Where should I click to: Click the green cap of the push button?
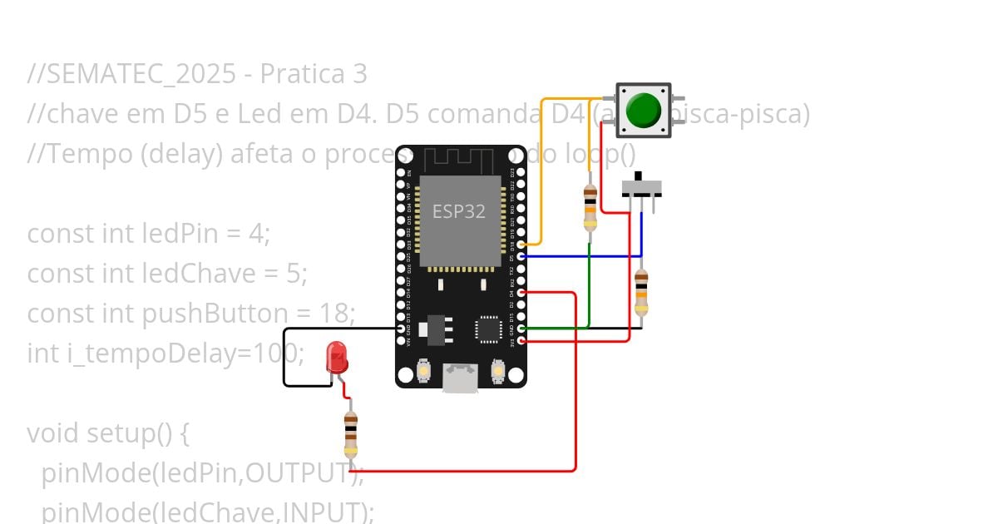[643, 110]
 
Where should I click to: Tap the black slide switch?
[641, 186]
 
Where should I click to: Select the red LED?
[337, 358]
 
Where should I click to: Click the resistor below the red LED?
[351, 434]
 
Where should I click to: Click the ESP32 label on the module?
[458, 211]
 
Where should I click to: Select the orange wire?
[542, 166]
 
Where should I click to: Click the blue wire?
[582, 256]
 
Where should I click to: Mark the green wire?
[589, 291]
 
